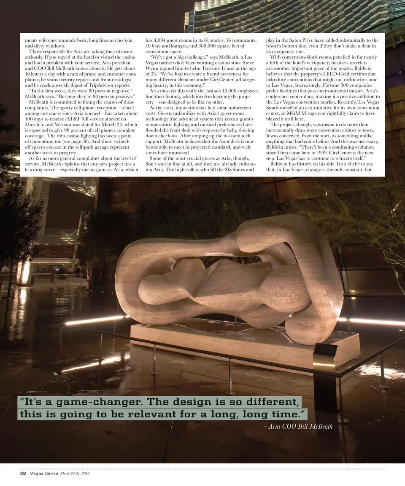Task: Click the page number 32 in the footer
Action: tap(23, 473)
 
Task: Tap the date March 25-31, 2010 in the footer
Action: tap(75, 473)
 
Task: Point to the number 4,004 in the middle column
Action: tap(164, 40)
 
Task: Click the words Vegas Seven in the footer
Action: tap(43, 473)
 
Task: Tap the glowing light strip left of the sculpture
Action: tap(95, 320)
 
